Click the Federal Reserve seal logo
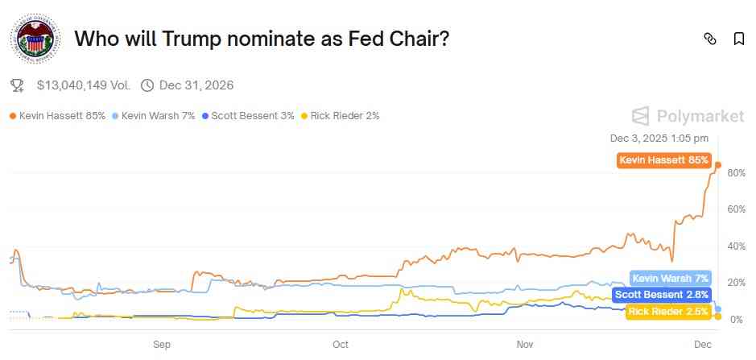[x=35, y=39]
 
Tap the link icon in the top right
[x=710, y=39]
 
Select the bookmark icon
[x=738, y=39]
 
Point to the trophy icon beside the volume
[x=17, y=85]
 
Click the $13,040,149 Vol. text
[x=83, y=85]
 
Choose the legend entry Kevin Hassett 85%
[x=57, y=116]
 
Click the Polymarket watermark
[x=688, y=117]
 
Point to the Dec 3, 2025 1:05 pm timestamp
[x=659, y=139]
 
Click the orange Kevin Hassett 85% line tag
[x=663, y=160]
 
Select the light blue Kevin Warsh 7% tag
[x=671, y=279]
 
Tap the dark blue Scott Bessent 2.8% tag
[x=663, y=295]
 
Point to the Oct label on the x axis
[x=341, y=344]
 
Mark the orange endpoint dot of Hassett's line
[x=718, y=165]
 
